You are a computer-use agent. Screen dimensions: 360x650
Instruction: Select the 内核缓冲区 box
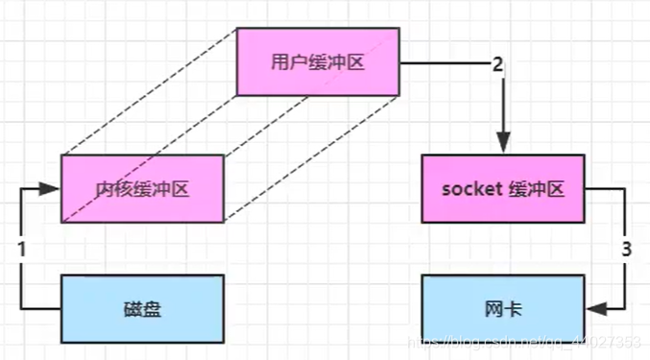pos(142,188)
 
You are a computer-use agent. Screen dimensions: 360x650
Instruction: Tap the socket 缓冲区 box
pos(502,188)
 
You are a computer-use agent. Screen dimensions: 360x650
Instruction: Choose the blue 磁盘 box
pos(142,309)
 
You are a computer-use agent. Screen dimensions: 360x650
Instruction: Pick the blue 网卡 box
pos(502,309)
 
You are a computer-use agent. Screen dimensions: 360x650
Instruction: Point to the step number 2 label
pos(497,64)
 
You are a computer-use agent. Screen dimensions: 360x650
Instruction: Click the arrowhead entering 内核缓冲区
pos(54,189)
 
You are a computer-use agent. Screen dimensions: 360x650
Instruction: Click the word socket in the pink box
pos(466,188)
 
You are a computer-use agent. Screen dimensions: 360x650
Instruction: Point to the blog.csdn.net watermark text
pos(518,342)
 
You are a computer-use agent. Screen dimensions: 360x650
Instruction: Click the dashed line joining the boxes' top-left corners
pos(149,91)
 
